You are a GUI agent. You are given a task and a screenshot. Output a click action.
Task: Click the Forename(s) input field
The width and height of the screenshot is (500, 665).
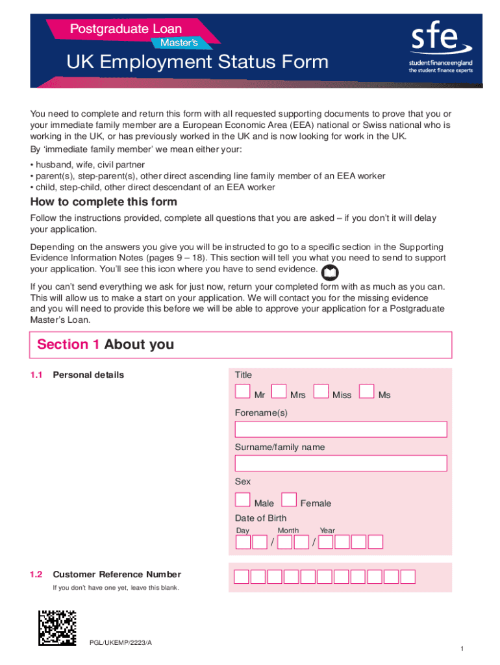(341, 430)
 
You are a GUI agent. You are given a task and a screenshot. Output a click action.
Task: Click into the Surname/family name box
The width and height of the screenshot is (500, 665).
(341, 464)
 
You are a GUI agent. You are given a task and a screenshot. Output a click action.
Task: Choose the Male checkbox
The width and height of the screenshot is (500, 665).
(243, 499)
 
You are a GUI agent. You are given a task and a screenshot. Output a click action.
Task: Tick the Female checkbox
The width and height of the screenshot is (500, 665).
(289, 499)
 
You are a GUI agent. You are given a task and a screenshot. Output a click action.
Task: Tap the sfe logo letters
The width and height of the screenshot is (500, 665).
(434, 41)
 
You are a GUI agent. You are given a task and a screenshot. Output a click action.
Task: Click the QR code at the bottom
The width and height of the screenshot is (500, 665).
(58, 628)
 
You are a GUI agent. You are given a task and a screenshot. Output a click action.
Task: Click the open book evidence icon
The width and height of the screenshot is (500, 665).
(331, 272)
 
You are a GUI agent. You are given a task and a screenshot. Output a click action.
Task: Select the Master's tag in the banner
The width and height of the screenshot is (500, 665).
(181, 43)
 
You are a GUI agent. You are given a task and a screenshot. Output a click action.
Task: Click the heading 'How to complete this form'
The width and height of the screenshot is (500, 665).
(104, 202)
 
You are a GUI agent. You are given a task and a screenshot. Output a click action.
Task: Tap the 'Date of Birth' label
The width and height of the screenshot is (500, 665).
(260, 518)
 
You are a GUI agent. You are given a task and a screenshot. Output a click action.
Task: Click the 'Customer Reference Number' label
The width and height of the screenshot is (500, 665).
(117, 575)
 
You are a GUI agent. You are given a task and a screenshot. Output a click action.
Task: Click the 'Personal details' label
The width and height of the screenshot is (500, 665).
(88, 375)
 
